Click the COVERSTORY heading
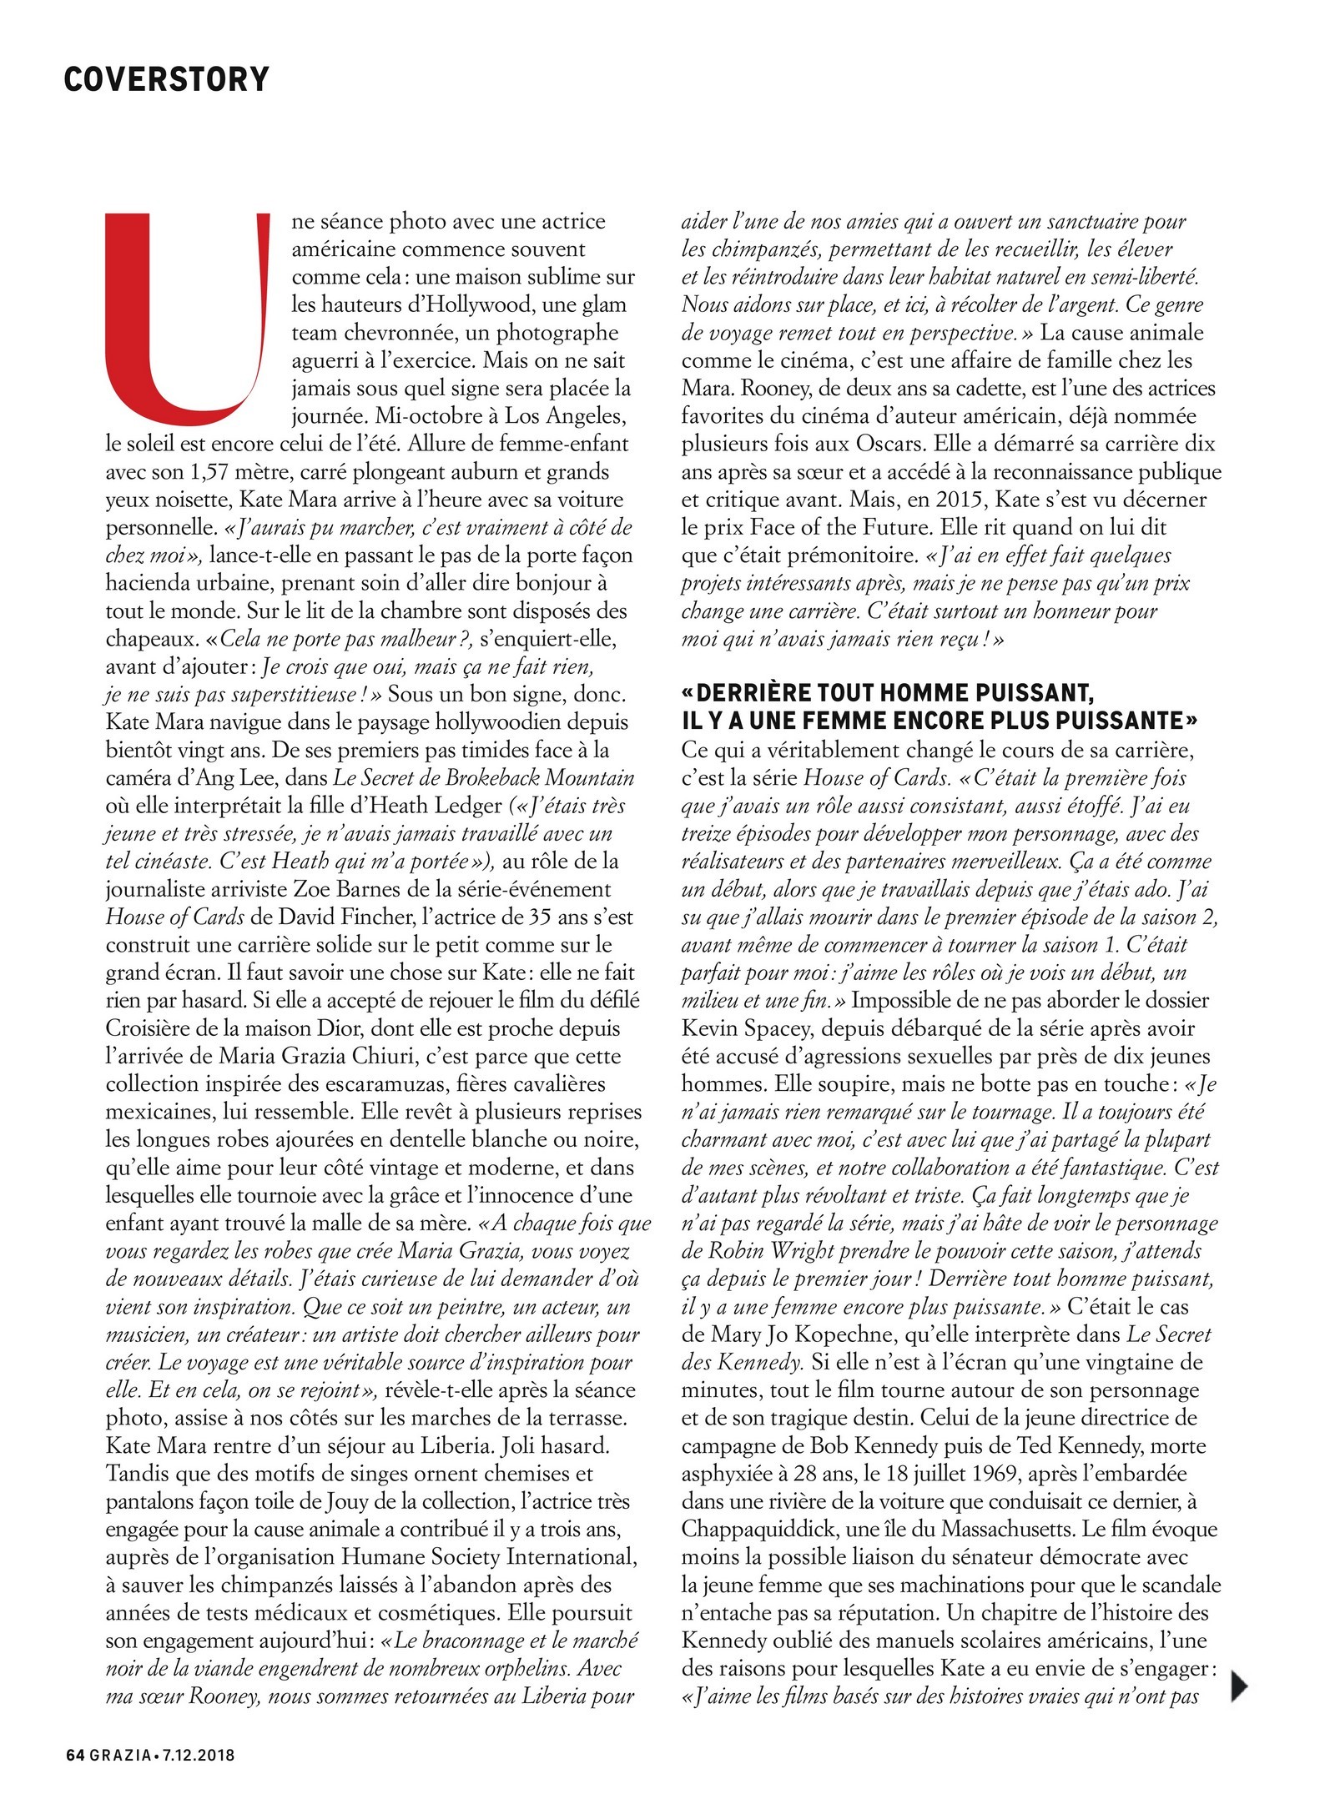(x=166, y=79)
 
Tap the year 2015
(x=950, y=500)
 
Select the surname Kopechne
(x=837, y=1334)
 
